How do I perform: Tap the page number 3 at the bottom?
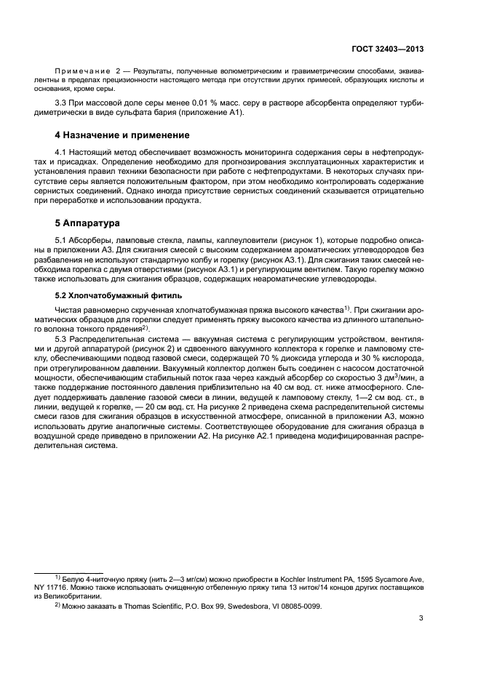tap(421, 619)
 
